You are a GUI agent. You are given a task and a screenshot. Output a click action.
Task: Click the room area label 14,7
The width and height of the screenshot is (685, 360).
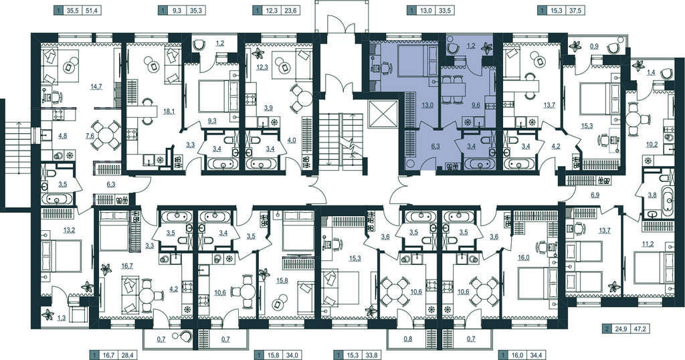[96, 87]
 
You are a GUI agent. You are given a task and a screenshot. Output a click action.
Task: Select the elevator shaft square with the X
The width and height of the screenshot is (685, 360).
[382, 114]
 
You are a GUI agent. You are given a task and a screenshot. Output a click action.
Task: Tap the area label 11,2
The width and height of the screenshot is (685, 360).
[648, 244]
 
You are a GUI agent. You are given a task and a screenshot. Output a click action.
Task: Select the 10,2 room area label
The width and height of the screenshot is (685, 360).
[652, 145]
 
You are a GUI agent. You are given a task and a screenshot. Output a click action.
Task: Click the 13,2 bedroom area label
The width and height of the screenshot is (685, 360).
[69, 230]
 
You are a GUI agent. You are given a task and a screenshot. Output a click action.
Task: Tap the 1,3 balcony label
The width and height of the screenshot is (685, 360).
[61, 318]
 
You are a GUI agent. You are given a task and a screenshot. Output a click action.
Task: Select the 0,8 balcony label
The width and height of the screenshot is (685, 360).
[407, 339]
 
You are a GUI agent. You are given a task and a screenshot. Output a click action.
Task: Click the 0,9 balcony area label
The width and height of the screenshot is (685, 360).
[594, 46]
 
